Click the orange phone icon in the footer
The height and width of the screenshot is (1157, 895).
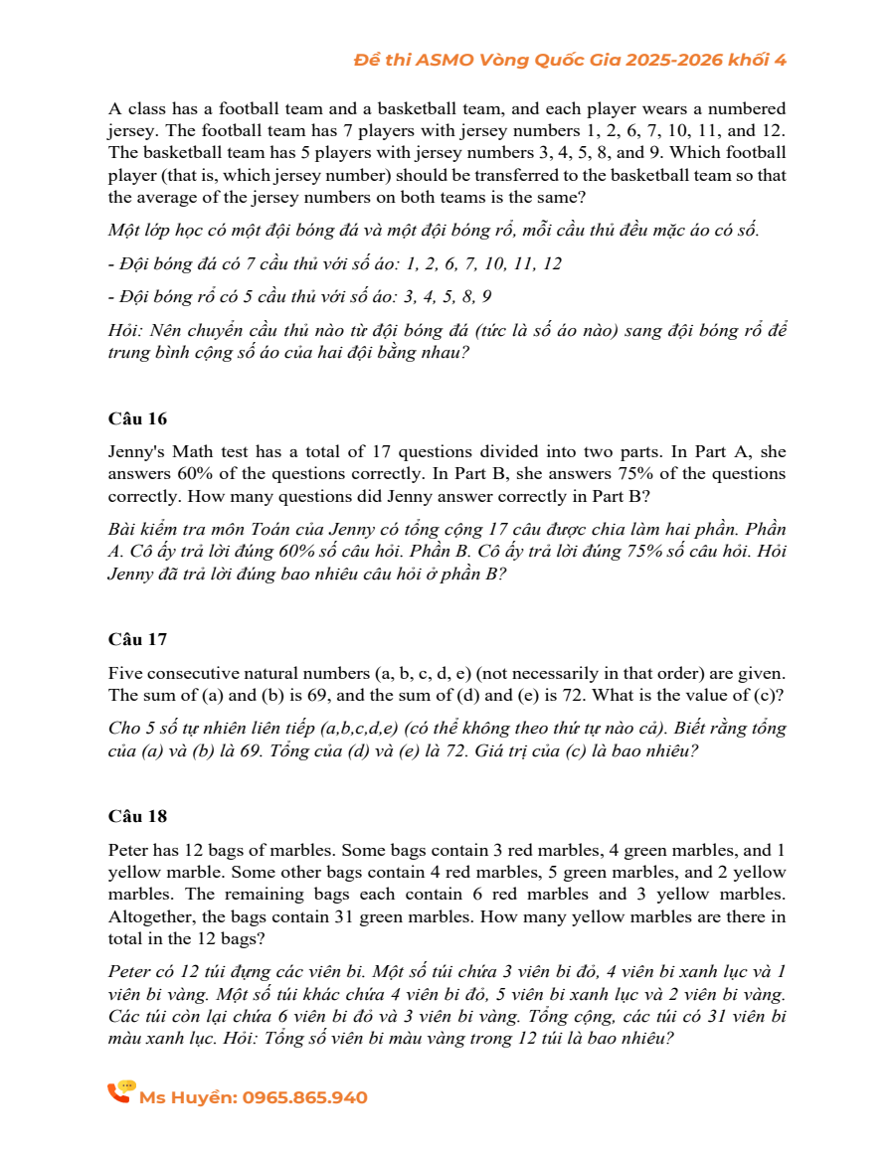point(120,1092)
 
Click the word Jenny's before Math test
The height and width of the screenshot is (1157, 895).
point(137,451)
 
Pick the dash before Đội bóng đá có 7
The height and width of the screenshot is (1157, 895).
point(111,263)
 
